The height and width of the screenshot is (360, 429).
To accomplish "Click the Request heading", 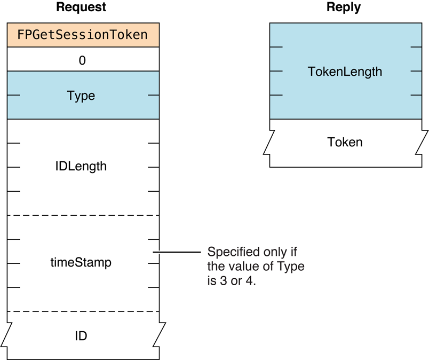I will tap(81, 7).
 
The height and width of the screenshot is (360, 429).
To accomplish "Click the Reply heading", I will tap(344, 7).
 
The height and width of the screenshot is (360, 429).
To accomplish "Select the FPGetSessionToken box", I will tap(83, 35).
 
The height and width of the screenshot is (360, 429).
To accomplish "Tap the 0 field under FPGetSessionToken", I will tap(82, 60).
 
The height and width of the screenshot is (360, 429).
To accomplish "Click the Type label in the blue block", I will tap(81, 96).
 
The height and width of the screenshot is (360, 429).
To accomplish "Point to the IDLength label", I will tap(81, 166).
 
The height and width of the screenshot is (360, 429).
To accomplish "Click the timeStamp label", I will tap(81, 263).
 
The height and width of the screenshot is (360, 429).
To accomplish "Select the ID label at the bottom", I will tap(81, 336).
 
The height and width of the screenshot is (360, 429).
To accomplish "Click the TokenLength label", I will tap(345, 71).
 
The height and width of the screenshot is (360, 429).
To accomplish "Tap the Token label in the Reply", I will tap(345, 142).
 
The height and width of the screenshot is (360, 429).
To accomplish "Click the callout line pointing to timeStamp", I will tap(176, 252).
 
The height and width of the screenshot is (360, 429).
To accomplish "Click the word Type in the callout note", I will tap(292, 267).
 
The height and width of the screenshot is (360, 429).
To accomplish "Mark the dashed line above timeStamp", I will tap(83, 215).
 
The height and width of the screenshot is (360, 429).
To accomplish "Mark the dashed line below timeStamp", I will tap(83, 311).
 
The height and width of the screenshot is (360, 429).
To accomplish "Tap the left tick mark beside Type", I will tap(14, 96).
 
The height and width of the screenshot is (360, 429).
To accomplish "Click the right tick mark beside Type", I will tap(153, 96).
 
